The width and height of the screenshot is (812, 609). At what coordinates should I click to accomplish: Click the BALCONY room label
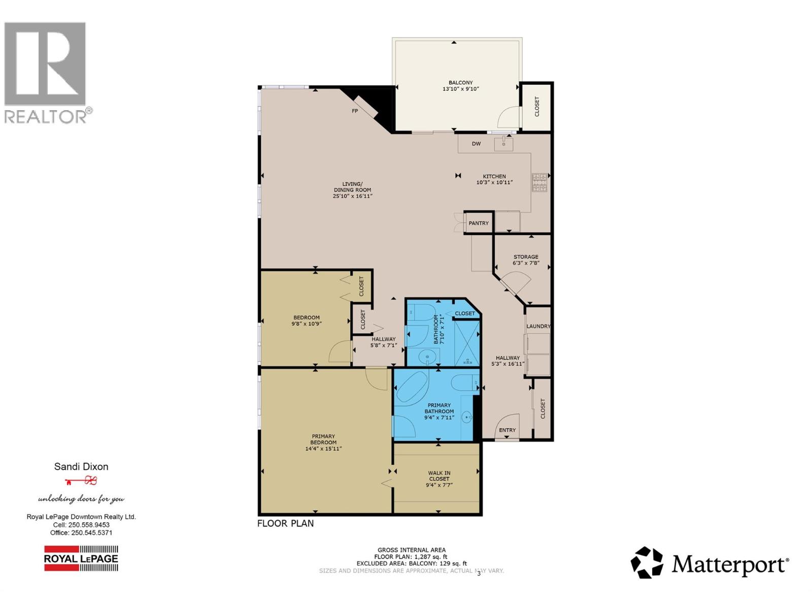pos(460,82)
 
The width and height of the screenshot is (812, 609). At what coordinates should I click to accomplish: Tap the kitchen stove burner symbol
pos(539,182)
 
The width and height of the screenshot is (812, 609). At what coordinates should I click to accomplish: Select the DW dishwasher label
pos(476,144)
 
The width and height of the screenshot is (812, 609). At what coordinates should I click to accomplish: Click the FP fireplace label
pos(355,111)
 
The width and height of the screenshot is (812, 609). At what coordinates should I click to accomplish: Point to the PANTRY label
pos(479,223)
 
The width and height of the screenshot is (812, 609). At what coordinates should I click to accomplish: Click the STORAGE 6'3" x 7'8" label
pos(525,260)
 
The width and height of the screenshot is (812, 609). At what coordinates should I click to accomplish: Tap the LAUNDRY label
pos(538,326)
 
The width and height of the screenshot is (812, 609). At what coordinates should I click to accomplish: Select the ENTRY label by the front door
pos(507,430)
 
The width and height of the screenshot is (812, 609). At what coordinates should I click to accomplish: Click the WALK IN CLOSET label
pos(439,476)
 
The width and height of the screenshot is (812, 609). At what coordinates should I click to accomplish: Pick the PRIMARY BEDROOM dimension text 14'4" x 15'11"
pos(323,449)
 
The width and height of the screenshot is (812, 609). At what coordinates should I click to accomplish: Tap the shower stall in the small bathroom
pos(466,343)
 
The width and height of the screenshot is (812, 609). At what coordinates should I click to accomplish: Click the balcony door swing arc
pos(507,118)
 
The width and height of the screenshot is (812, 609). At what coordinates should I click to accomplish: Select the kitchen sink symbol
pos(503,144)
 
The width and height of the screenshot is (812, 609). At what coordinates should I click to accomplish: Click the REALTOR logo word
pos(46,117)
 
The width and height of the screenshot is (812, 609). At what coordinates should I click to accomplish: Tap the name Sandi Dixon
pos(81,466)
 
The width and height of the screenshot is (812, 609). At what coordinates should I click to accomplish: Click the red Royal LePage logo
pos(81,558)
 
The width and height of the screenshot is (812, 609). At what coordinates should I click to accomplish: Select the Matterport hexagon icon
pos(647,562)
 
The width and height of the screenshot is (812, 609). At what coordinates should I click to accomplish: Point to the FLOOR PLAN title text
pos(285,523)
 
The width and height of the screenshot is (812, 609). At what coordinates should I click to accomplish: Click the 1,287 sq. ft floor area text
pos(411,557)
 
